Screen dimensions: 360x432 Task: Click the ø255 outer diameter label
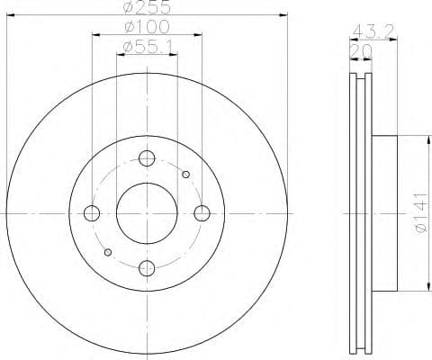[147, 7]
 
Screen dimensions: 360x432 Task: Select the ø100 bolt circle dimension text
[147, 27]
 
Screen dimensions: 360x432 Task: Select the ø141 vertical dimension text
[419, 215]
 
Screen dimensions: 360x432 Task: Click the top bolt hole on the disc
[147, 159]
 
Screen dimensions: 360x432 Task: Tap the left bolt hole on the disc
[92, 213]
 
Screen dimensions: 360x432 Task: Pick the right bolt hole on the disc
[202, 213]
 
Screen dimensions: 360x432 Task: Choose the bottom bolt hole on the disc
[147, 267]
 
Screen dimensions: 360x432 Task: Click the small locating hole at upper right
[185, 175]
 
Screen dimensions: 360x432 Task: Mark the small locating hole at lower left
[108, 252]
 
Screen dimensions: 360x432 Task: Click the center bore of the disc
[147, 213]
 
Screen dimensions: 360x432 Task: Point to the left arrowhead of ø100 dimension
[94, 34]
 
